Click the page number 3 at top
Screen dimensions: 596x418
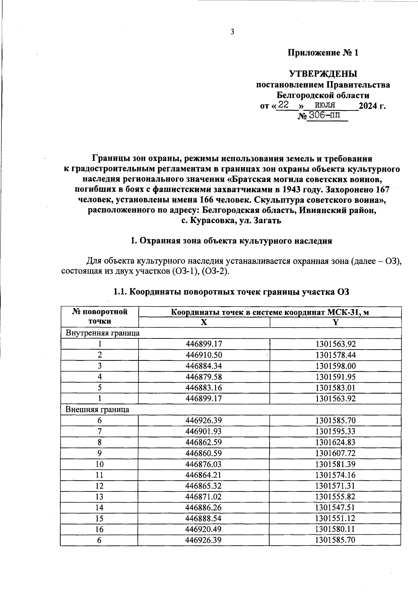(232, 32)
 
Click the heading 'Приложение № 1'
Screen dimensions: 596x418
(323, 53)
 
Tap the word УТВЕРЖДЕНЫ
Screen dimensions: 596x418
(323, 74)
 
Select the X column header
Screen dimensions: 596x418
(204, 322)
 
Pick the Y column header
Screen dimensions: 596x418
(335, 322)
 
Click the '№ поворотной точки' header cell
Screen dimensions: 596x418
(100, 316)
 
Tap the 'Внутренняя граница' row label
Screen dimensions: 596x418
(103, 333)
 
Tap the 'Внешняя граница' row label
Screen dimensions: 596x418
(98, 410)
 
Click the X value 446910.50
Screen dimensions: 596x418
(204, 355)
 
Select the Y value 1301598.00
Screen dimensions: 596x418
(335, 366)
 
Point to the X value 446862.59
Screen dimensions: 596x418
(204, 442)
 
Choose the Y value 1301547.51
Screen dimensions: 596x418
(335, 507)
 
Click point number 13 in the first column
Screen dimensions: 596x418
(100, 497)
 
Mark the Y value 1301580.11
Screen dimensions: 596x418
(335, 529)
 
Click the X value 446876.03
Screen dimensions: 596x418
(204, 464)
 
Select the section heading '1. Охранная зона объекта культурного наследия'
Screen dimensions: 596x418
(231, 241)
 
